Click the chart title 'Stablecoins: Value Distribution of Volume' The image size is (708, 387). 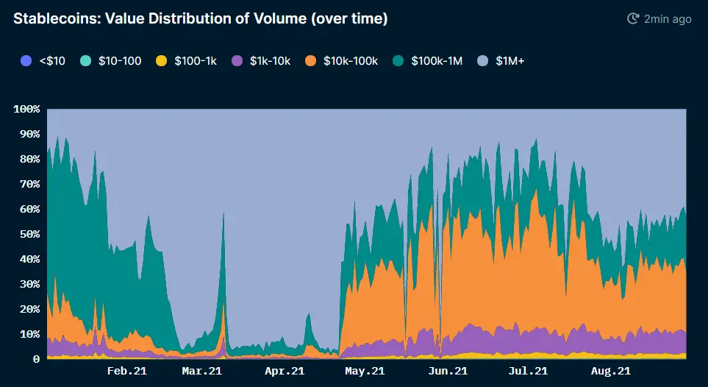point(200,19)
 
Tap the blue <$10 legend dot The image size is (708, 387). point(26,60)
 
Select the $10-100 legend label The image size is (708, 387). point(119,60)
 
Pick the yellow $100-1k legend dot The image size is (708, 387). point(160,60)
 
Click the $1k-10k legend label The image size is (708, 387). point(270,60)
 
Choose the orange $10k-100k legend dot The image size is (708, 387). point(310,60)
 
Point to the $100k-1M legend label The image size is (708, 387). point(437,60)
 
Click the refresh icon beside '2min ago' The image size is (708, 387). point(632,19)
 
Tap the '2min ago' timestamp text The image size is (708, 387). point(668,19)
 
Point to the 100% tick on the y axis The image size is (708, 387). point(26,110)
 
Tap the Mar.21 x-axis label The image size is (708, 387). point(202,372)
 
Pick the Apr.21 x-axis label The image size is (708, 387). point(285,372)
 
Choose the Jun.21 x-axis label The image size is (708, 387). point(447,372)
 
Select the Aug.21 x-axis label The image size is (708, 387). point(610,372)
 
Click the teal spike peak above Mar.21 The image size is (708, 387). point(224,213)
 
